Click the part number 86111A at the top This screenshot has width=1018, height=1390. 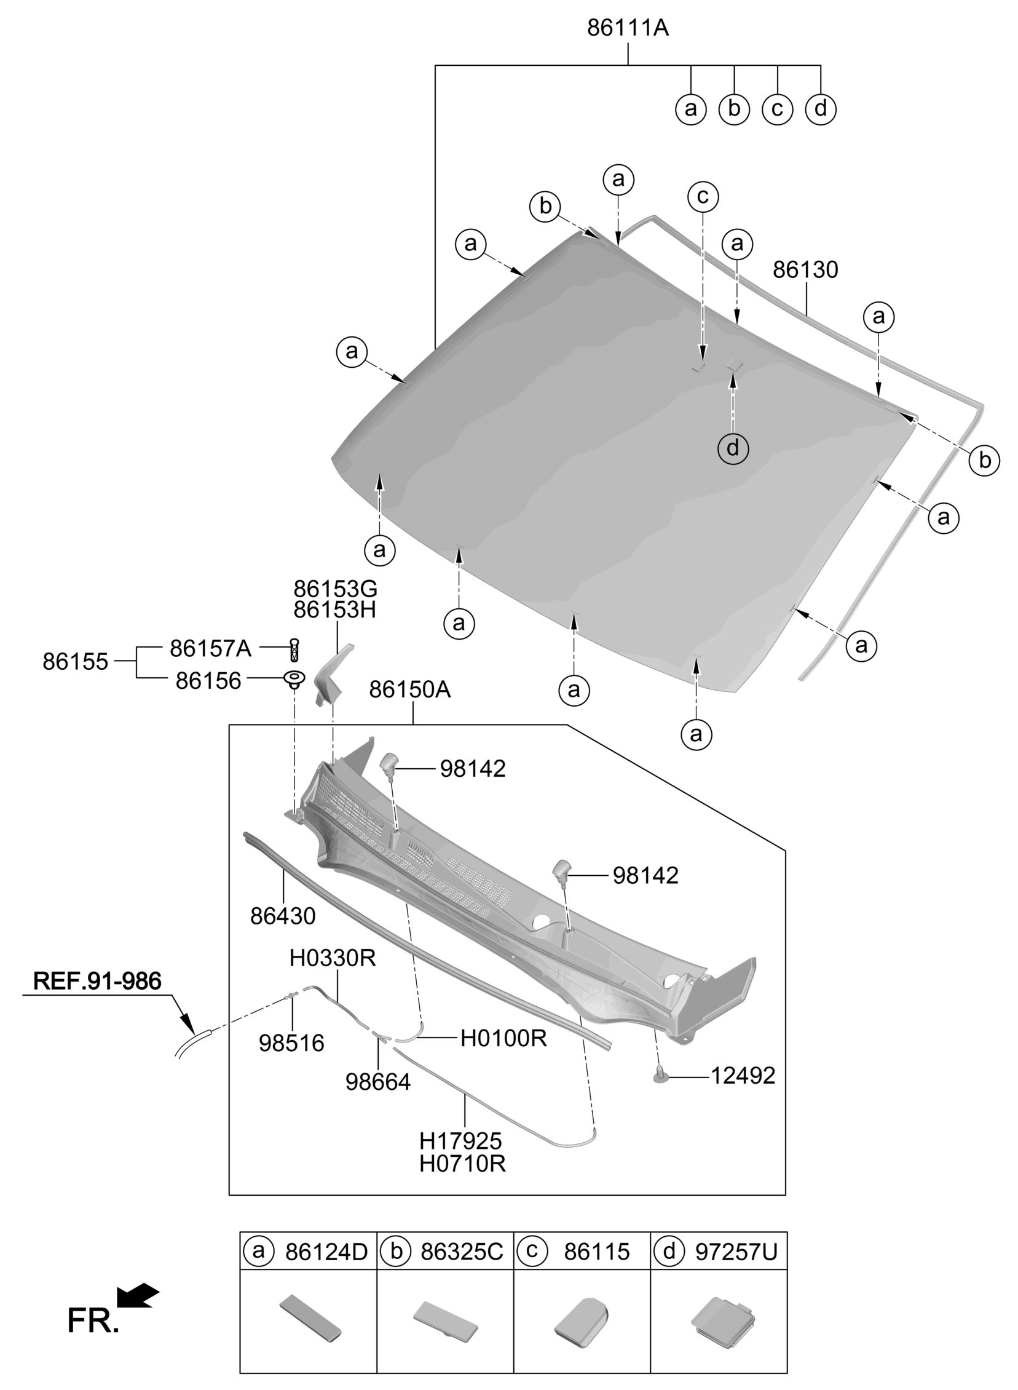pos(627,28)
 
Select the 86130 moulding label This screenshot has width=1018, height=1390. pos(805,270)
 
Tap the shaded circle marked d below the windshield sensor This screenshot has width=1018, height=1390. pos(733,448)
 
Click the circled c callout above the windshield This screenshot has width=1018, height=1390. pos(703,197)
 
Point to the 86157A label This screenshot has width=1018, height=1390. pos(211,648)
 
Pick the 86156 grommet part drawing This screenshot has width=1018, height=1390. pos(294,680)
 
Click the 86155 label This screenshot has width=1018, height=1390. pos(75,662)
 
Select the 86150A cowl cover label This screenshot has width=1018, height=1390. pos(410,689)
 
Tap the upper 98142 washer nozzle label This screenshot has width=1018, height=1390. pos(473,769)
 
